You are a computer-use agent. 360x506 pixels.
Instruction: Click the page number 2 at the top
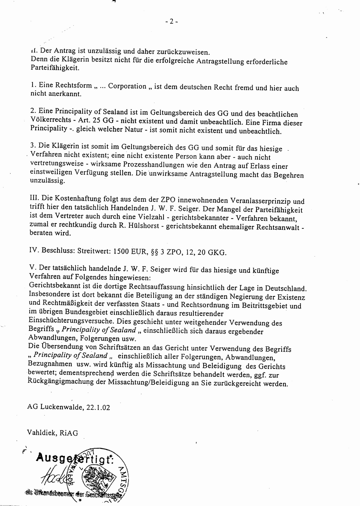pos(172,21)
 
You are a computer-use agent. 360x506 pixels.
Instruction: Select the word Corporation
pos(127,86)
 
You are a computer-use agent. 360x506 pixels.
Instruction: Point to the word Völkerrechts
pos(51,120)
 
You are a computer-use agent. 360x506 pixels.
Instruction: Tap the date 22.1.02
pos(98,407)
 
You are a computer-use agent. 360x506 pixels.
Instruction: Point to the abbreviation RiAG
pos(69,433)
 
